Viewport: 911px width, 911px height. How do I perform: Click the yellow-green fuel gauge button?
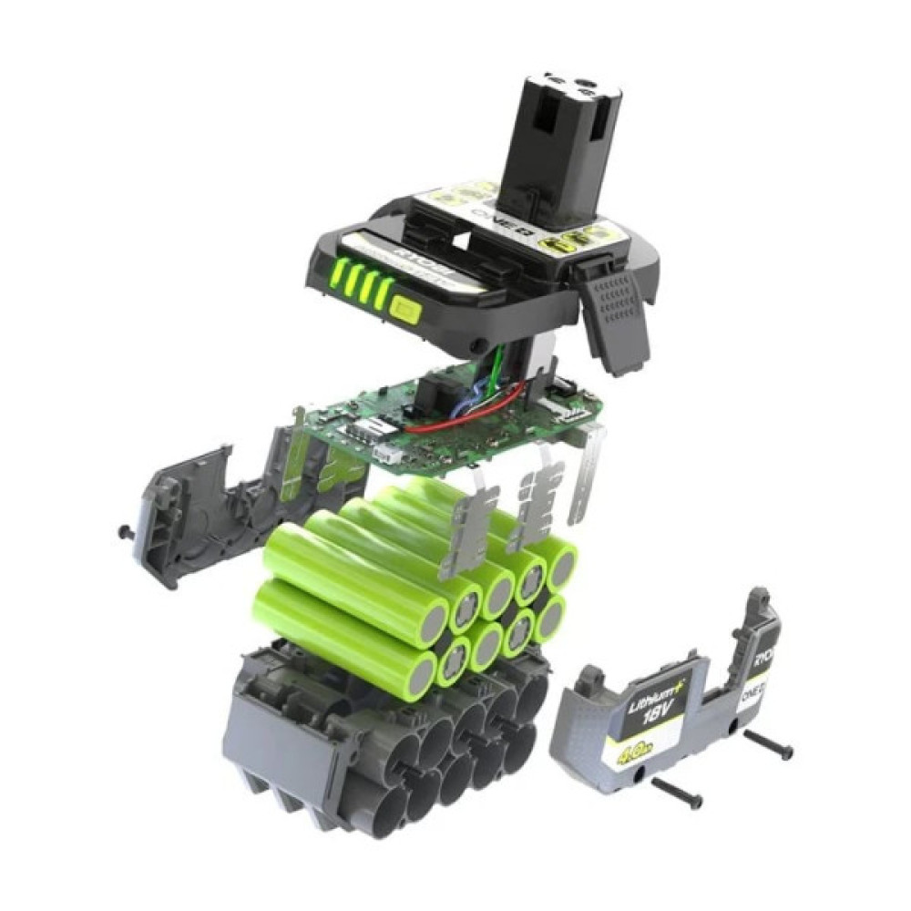click(x=402, y=310)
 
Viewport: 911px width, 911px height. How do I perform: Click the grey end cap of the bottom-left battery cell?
click(x=422, y=673)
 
